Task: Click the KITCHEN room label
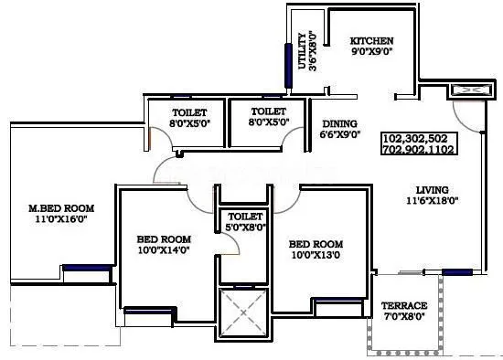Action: click(x=372, y=41)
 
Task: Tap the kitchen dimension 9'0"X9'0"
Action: click(x=372, y=53)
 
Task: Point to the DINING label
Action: click(x=339, y=123)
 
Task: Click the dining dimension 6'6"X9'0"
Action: click(x=339, y=135)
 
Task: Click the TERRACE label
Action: click(x=404, y=305)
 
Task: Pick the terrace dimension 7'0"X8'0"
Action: click(x=404, y=317)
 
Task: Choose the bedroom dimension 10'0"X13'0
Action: click(x=316, y=256)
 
